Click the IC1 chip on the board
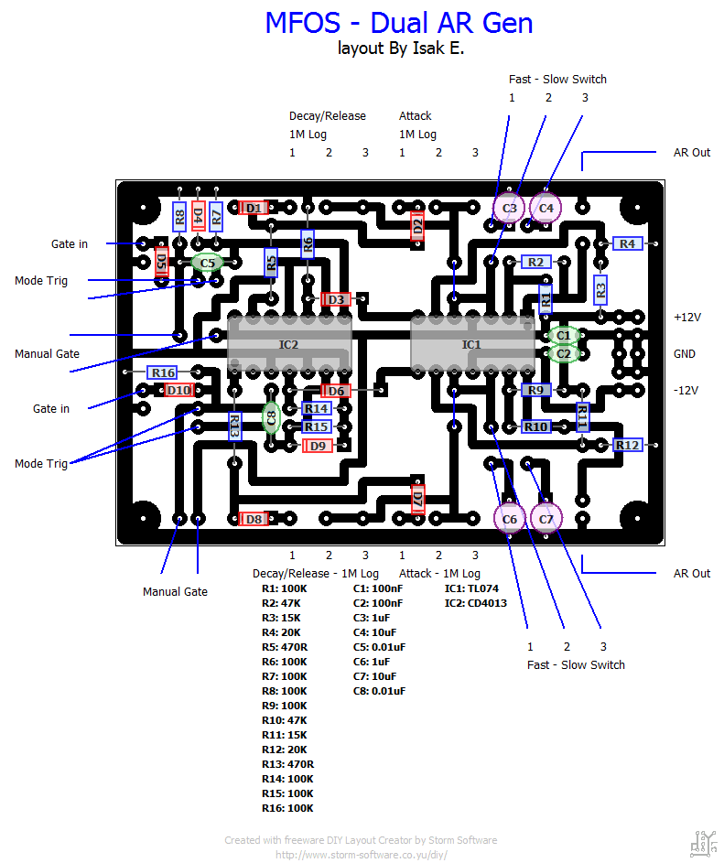click(471, 345)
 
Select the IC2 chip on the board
click(288, 345)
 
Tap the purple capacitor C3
click(510, 208)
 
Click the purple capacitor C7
click(546, 519)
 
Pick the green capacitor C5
click(208, 263)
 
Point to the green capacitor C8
click(271, 418)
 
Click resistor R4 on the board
click(627, 243)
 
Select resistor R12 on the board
click(627, 445)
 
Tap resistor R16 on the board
click(163, 372)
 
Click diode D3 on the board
click(336, 299)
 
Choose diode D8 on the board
click(254, 519)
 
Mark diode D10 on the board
click(179, 390)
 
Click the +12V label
click(686, 317)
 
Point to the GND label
click(685, 353)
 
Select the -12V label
click(686, 390)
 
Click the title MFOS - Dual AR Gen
click(399, 23)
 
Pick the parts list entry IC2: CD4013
click(475, 603)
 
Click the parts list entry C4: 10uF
click(376, 632)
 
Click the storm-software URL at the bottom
click(362, 855)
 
